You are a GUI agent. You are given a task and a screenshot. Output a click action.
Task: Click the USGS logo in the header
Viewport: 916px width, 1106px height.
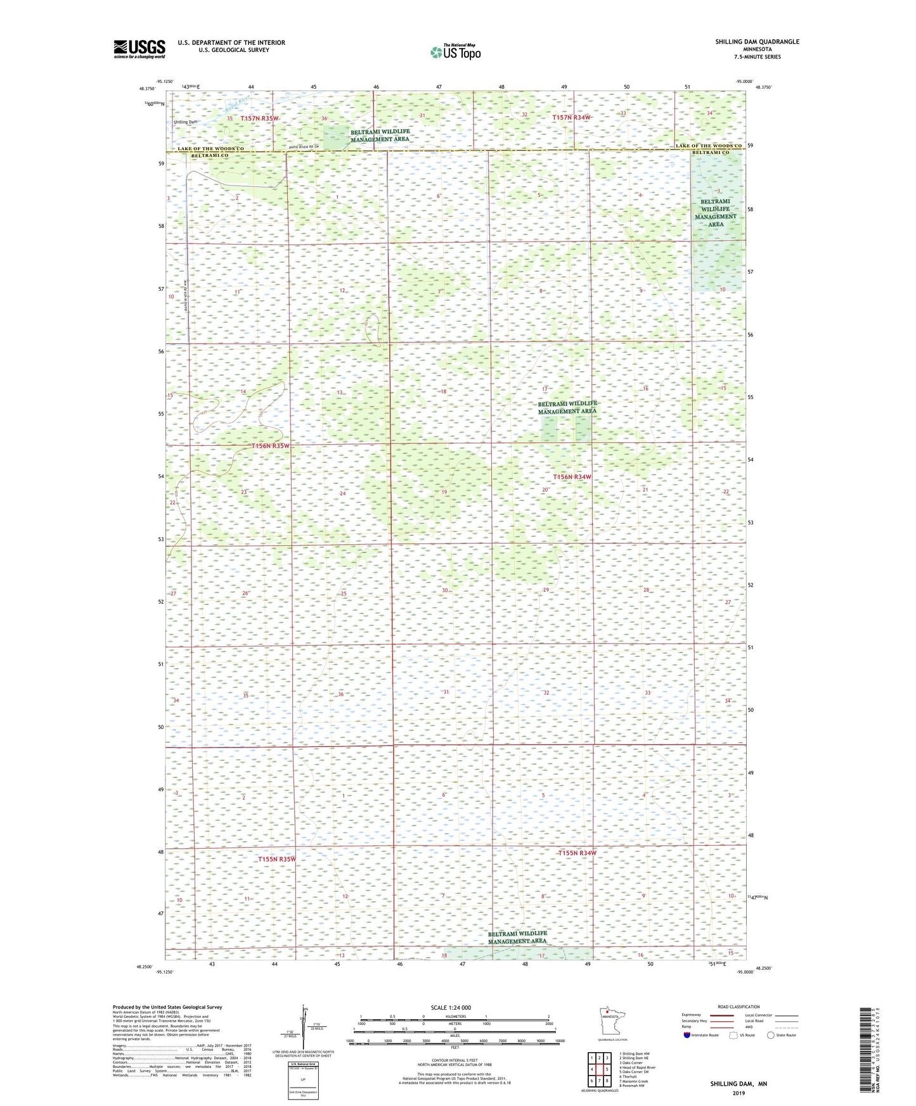tap(139, 49)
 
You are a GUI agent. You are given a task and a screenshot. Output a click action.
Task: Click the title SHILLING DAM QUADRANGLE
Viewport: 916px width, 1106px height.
tap(757, 42)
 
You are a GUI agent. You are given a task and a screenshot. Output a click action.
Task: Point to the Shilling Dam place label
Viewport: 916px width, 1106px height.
tap(186, 122)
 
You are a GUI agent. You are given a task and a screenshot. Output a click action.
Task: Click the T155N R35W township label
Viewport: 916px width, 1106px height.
tap(277, 859)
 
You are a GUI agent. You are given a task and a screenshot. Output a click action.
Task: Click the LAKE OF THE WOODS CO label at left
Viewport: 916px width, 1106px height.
tap(210, 149)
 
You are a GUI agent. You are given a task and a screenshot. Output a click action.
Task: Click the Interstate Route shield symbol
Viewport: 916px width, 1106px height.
tap(687, 1035)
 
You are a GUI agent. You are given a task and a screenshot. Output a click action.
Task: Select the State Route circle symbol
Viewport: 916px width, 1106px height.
tap(771, 1035)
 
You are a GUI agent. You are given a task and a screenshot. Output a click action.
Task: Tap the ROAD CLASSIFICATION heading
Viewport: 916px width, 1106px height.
tap(739, 1007)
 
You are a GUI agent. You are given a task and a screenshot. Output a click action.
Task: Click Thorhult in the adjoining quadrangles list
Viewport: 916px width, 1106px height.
tap(629, 1076)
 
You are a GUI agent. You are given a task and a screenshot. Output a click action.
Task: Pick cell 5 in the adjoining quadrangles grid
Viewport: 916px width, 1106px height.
tap(607, 1069)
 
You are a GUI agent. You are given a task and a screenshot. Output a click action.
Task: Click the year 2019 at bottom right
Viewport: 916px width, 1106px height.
tap(739, 1093)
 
